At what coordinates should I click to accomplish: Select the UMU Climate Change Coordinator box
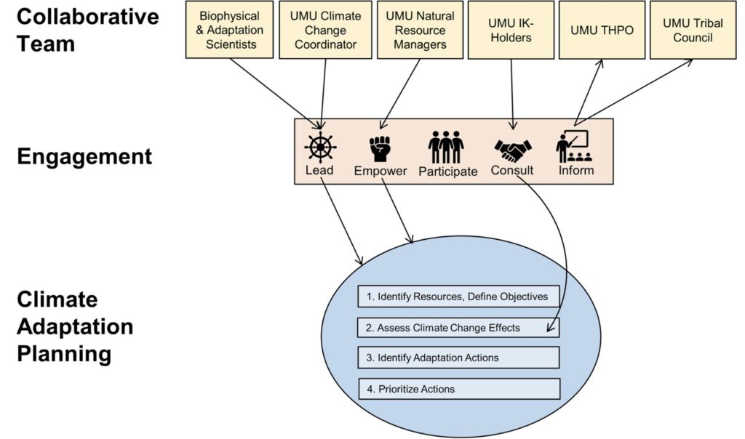click(326, 30)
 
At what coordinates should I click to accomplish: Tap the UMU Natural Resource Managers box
click(421, 30)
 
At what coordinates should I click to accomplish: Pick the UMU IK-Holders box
click(511, 30)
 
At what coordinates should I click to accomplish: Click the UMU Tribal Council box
click(693, 30)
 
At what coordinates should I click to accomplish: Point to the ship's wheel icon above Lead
click(319, 146)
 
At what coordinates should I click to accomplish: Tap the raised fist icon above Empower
click(380, 147)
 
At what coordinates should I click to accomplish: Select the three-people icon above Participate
click(446, 147)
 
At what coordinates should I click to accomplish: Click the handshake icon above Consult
click(513, 150)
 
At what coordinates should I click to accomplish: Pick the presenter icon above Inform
click(575, 147)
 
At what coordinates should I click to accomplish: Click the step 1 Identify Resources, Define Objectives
click(458, 296)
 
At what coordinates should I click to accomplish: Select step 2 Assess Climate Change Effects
click(458, 327)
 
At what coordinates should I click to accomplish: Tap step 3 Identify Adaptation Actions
click(458, 358)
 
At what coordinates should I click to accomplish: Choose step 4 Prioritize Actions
click(458, 389)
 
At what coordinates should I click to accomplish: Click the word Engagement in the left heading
click(84, 156)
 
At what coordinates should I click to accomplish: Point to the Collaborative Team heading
click(87, 30)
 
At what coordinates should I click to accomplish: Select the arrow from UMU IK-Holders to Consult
click(513, 94)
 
